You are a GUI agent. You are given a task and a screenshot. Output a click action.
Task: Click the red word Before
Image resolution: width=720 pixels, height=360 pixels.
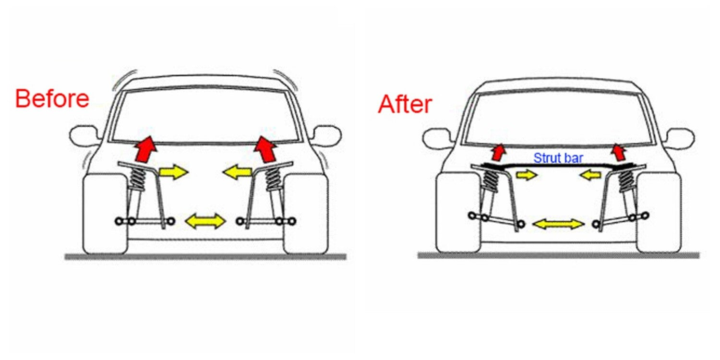tap(52, 99)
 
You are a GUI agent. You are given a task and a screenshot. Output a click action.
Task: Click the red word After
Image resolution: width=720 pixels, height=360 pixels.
tap(405, 104)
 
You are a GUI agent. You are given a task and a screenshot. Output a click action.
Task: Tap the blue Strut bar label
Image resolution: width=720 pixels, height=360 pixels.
tap(558, 158)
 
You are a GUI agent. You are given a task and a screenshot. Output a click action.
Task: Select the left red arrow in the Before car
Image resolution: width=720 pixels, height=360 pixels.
tap(145, 149)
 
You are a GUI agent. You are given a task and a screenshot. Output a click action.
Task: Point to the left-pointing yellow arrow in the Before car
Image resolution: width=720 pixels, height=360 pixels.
tap(237, 172)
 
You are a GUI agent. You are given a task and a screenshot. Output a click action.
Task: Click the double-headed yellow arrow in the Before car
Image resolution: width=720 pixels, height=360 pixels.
tap(206, 221)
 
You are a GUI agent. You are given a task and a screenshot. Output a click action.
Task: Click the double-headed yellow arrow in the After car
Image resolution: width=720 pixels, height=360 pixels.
tap(558, 224)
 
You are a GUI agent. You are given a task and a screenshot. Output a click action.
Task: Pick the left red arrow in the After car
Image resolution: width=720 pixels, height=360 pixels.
tap(499, 152)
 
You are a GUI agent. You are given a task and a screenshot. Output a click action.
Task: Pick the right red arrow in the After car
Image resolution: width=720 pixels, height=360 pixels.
tap(619, 152)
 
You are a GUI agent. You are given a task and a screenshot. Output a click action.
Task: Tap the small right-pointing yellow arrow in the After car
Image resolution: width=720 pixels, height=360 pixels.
tap(527, 175)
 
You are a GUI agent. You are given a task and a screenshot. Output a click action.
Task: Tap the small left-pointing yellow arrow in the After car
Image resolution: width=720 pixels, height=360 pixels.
tap(590, 175)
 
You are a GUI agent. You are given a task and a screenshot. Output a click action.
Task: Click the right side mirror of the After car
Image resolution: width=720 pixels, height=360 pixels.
tap(680, 139)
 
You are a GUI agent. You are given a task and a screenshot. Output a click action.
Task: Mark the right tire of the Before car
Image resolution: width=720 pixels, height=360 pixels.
tap(306, 214)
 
